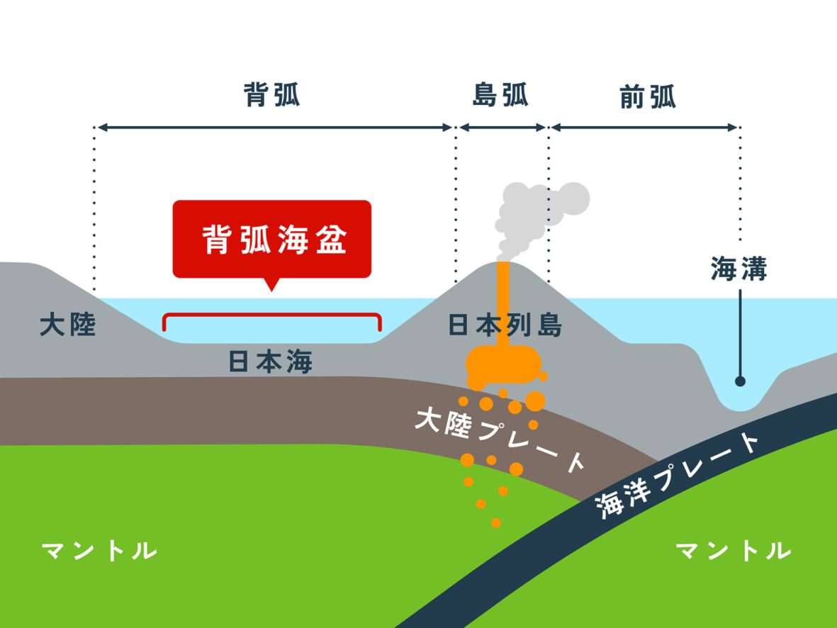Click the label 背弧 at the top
click(271, 95)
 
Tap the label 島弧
click(500, 95)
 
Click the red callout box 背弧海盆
click(272, 240)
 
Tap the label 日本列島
click(505, 325)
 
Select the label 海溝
click(739, 269)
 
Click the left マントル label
click(99, 550)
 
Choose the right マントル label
click(733, 550)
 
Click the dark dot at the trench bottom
click(740, 381)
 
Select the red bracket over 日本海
click(272, 316)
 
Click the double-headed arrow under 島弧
click(502, 128)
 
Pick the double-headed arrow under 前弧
click(644, 128)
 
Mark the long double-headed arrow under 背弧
click(274, 128)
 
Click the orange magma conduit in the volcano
click(503, 305)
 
